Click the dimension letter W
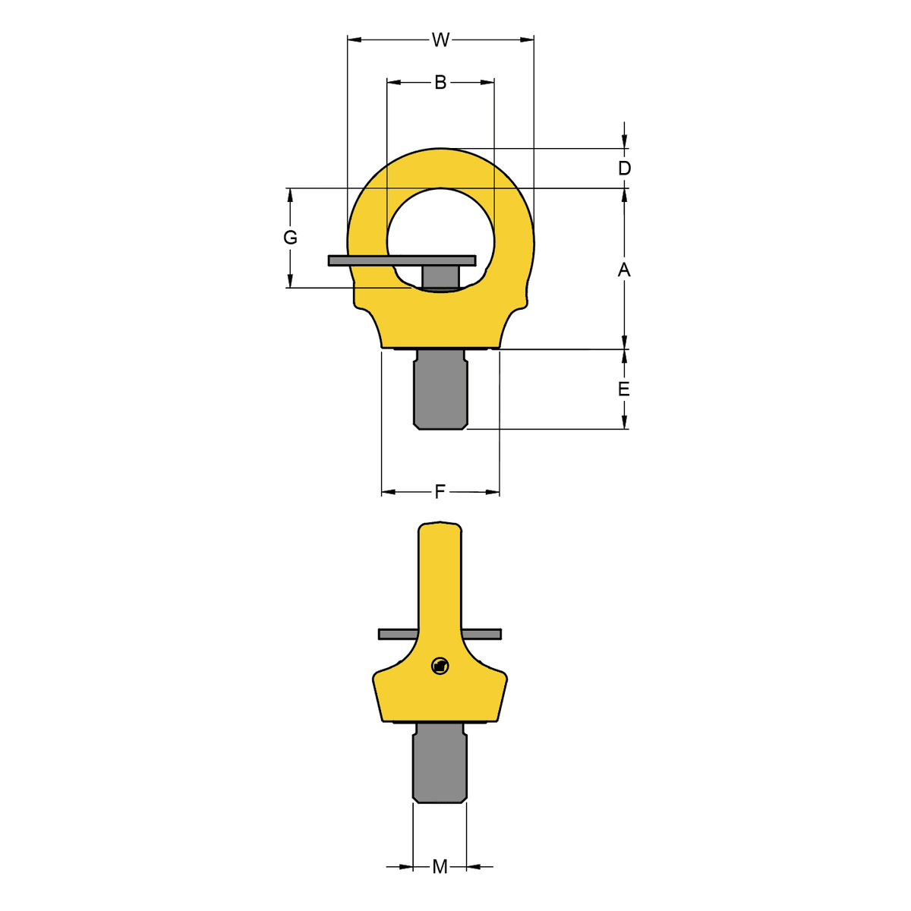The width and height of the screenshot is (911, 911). pyautogui.click(x=440, y=40)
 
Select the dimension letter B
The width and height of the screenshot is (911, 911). pyautogui.click(x=440, y=83)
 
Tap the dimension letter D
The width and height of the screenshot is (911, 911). pyautogui.click(x=624, y=169)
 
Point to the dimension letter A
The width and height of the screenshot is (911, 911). pyautogui.click(x=624, y=270)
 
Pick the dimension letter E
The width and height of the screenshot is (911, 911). pyautogui.click(x=623, y=389)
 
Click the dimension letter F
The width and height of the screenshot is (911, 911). pyautogui.click(x=440, y=492)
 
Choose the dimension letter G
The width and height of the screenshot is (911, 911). pyautogui.click(x=290, y=238)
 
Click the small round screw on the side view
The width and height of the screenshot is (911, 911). pyautogui.click(x=440, y=666)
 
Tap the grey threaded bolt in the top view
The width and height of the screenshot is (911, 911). pyautogui.click(x=440, y=389)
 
